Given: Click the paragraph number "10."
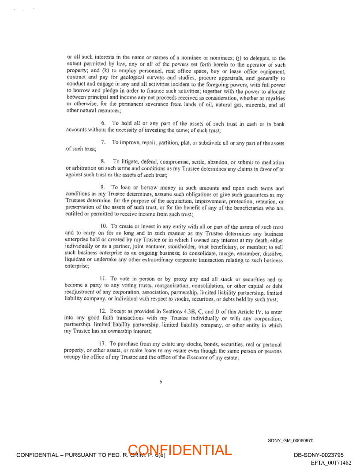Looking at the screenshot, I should [x=105, y=227].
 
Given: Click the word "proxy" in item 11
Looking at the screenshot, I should [x=172, y=279].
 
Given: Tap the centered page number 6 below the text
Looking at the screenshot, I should [x=161, y=382].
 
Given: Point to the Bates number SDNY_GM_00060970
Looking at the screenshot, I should [x=291, y=440].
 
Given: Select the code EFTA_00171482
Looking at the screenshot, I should [x=331, y=462].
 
